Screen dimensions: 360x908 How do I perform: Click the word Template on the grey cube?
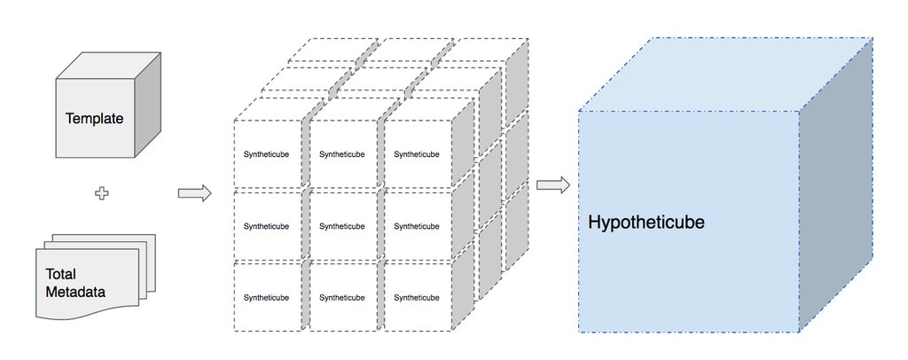[94, 118]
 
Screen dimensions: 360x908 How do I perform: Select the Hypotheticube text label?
[646, 223]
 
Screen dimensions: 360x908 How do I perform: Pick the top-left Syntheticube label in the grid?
[266, 154]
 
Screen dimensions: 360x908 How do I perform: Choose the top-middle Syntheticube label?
[341, 154]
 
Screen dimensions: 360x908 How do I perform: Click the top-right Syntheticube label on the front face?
[416, 154]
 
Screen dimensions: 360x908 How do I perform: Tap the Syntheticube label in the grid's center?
[341, 226]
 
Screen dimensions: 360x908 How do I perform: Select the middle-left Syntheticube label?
[266, 226]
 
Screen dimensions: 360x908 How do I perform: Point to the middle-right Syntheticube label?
[416, 226]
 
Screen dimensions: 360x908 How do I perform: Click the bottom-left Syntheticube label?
[266, 298]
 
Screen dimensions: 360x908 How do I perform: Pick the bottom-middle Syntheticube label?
[341, 298]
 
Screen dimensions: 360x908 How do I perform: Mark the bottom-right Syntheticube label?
[416, 298]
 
